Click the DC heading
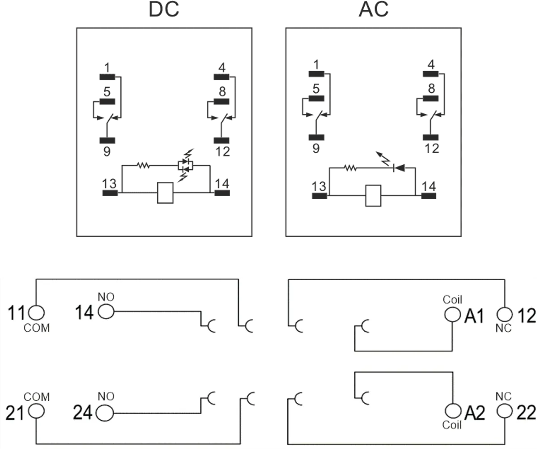[x=164, y=9]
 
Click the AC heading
[x=373, y=9]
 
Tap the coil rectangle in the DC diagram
[x=165, y=193]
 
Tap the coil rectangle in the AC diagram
[x=373, y=196]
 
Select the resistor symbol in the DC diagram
[x=144, y=165]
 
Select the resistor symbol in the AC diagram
[x=350, y=168]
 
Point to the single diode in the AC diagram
[x=399, y=168]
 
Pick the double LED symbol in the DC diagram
[x=185, y=165]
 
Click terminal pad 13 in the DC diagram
[x=110, y=193]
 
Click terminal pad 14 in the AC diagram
[x=429, y=196]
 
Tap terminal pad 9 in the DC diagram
[x=107, y=140]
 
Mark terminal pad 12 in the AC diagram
[x=430, y=137]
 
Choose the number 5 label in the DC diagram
[x=107, y=92]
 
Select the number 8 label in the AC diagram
[x=431, y=89]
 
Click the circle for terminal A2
[x=453, y=411]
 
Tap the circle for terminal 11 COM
[x=36, y=312]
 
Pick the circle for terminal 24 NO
[x=105, y=413]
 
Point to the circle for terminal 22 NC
[x=505, y=411]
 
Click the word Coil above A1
[x=452, y=300]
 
